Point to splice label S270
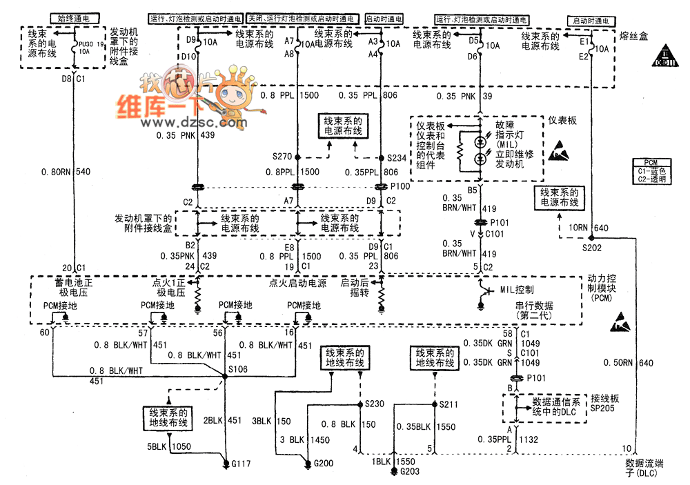click(x=283, y=157)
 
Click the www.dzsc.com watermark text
click(x=193, y=123)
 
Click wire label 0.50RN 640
click(x=627, y=363)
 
